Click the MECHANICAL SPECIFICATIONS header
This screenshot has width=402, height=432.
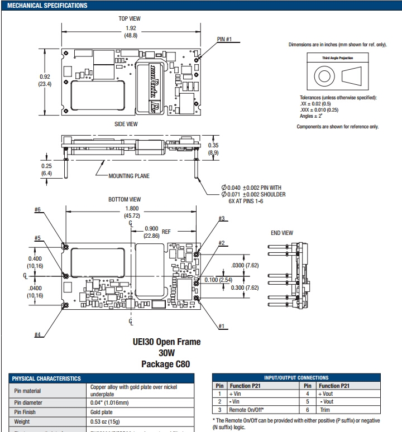point(47,6)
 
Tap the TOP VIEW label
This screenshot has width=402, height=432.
point(129,18)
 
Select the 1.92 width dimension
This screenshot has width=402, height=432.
point(131,28)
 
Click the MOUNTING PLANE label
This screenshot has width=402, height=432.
point(129,176)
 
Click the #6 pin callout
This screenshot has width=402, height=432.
point(38,210)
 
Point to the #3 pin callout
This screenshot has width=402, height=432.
point(222,218)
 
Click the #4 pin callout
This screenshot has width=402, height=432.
point(38,334)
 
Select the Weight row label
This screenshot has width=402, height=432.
point(22,422)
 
